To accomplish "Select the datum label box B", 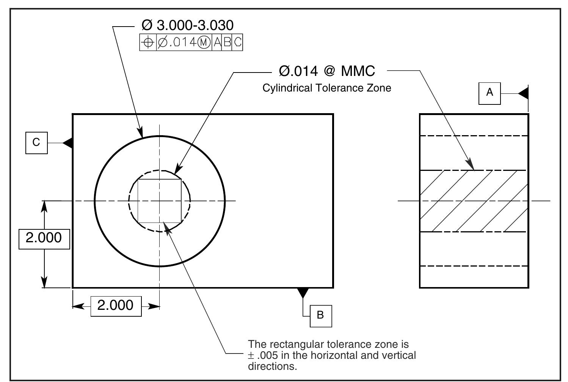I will point(321,316).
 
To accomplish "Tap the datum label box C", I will point(36,143).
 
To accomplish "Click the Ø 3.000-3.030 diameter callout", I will point(187,25).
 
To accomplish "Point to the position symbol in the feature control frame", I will point(148,43).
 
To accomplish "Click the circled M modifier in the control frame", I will point(204,43).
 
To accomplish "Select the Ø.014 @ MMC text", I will point(327,71).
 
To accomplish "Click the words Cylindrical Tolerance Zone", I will point(327,88).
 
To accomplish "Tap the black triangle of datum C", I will point(68,143).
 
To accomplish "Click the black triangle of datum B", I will point(303,293).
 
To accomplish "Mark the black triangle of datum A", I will point(524,93).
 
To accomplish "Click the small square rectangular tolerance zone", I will point(159,201).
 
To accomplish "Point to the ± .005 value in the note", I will point(262,356).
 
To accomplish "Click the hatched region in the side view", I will point(474,201).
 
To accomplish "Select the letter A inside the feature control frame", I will point(217,43).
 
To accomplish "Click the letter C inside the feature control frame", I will point(237,43).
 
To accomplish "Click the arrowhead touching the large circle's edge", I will point(141,133).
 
